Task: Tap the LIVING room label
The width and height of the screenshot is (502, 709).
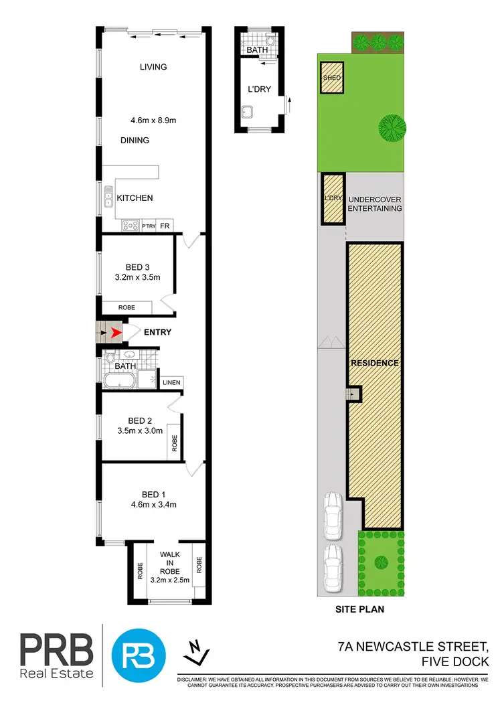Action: coord(153,67)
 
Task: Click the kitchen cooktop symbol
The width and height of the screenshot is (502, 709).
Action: coord(131,226)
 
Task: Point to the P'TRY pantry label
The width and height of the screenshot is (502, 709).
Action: coord(148,227)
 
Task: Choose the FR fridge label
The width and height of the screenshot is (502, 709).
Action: coord(165,226)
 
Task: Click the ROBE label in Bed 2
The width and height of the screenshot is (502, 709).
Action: coord(174,443)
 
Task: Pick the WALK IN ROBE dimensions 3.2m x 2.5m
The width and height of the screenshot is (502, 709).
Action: coord(171,580)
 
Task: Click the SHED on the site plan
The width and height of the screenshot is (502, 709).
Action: coord(332,78)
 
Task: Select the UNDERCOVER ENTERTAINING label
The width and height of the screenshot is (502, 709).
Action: coord(375,204)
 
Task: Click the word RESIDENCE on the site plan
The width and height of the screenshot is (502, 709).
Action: coord(375,363)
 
